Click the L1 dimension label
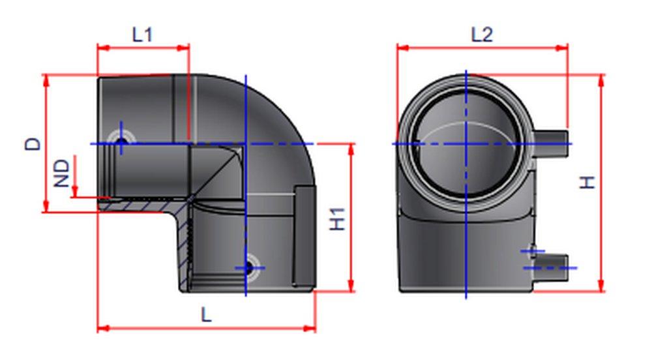(142, 35)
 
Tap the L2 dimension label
(482, 35)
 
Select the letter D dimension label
(33, 143)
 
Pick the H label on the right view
(588, 183)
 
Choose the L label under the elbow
(206, 316)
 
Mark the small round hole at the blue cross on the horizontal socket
(121, 142)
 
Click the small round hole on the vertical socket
(247, 267)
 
